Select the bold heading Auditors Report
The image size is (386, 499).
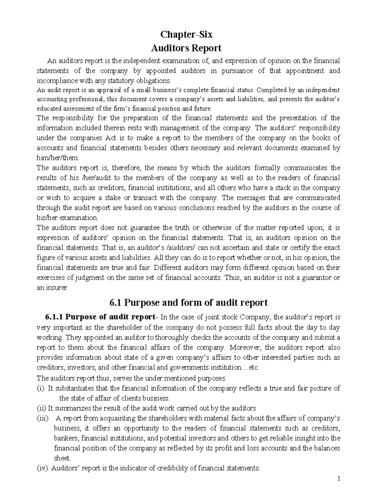[186, 48]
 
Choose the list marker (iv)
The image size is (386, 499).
[42, 468]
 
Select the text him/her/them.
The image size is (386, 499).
[57, 158]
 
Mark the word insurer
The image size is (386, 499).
[57, 288]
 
